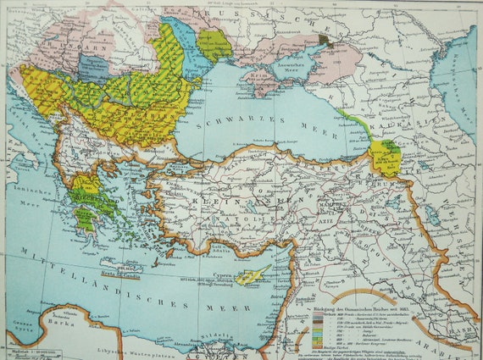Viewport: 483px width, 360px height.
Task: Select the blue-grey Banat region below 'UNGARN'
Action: (x=94, y=68)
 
